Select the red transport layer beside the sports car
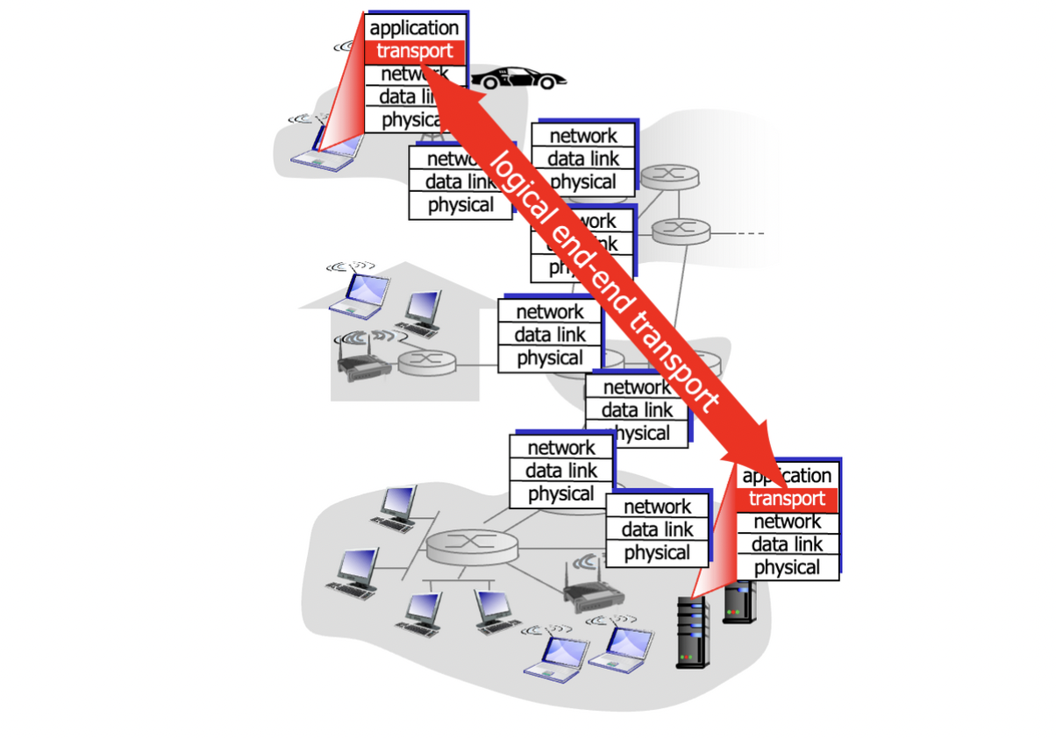(415, 51)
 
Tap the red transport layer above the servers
(787, 499)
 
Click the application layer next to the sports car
(415, 28)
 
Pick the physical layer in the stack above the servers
(787, 567)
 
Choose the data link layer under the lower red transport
(787, 544)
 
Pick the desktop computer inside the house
(423, 311)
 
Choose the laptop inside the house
(358, 294)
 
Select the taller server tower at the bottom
(692, 632)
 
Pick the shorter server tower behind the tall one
(738, 605)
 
